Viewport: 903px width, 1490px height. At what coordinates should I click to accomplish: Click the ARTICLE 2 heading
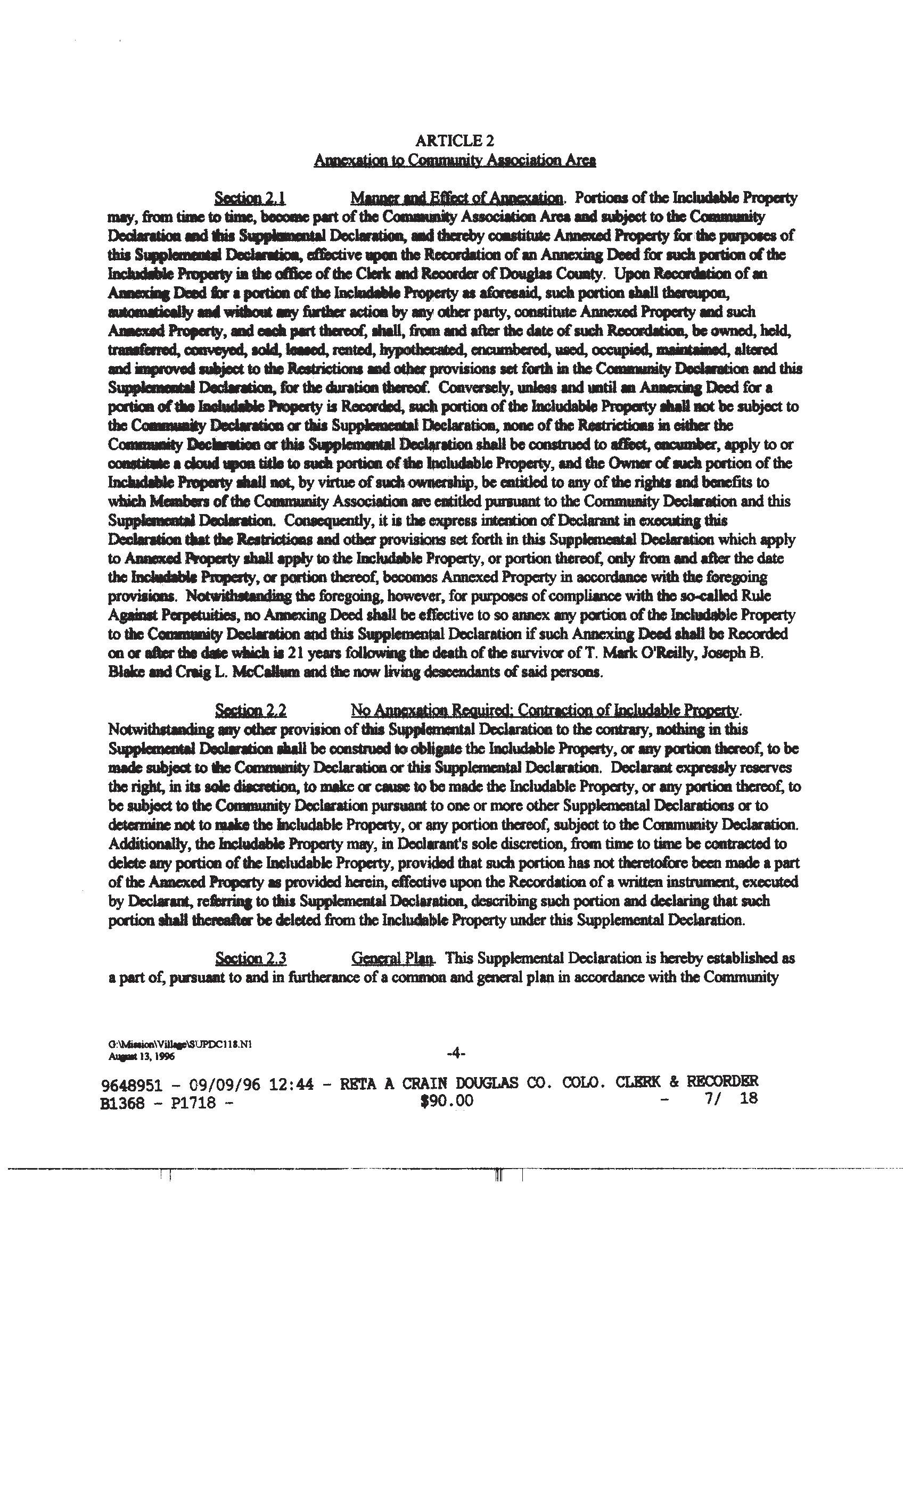click(x=455, y=141)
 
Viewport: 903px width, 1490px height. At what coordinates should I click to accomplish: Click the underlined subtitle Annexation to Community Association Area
click(x=455, y=160)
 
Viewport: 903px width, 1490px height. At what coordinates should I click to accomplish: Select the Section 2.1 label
click(x=250, y=198)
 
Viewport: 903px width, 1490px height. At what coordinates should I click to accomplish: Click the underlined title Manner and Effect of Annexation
click(x=457, y=198)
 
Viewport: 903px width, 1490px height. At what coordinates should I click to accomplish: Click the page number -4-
click(x=455, y=1054)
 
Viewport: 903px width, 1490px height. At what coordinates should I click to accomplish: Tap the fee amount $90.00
click(x=447, y=1101)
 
